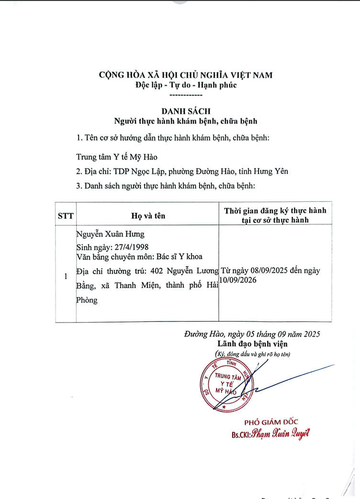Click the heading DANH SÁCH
coord(186,111)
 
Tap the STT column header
coord(66,216)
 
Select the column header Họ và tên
coord(148,216)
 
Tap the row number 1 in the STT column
coord(66,277)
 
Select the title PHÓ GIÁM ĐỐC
coord(271,421)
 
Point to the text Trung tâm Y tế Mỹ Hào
coord(117,156)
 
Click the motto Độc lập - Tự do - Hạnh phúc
coord(186,86)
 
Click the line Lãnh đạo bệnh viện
coord(253,344)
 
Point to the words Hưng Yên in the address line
coord(272,171)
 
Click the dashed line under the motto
coord(186,96)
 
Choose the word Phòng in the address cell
coord(87,300)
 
